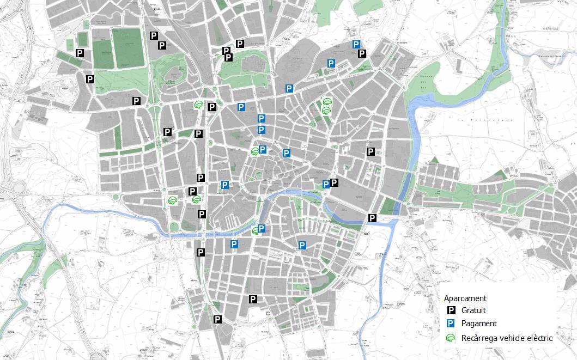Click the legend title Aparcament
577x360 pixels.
point(465,298)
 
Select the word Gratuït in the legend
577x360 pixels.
point(473,311)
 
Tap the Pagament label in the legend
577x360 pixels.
point(479,324)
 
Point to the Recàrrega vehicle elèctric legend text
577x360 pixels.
point(507,338)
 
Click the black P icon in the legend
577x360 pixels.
point(451,311)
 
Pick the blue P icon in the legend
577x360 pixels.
point(451,324)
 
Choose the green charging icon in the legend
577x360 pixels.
point(451,338)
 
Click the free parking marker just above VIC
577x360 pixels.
point(372,218)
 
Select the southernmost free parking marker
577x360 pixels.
point(218,319)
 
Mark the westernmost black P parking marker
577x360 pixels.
point(80,53)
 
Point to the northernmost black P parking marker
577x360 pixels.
point(154,35)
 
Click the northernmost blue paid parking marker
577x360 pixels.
point(356,45)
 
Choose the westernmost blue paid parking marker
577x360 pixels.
point(224,185)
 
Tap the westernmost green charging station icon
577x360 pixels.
point(173,200)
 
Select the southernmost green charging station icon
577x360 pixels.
point(256,231)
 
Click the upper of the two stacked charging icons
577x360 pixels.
point(326,101)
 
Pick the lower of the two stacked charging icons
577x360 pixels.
point(326,110)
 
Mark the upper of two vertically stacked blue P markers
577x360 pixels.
point(262,119)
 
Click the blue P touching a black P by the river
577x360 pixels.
point(326,185)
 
